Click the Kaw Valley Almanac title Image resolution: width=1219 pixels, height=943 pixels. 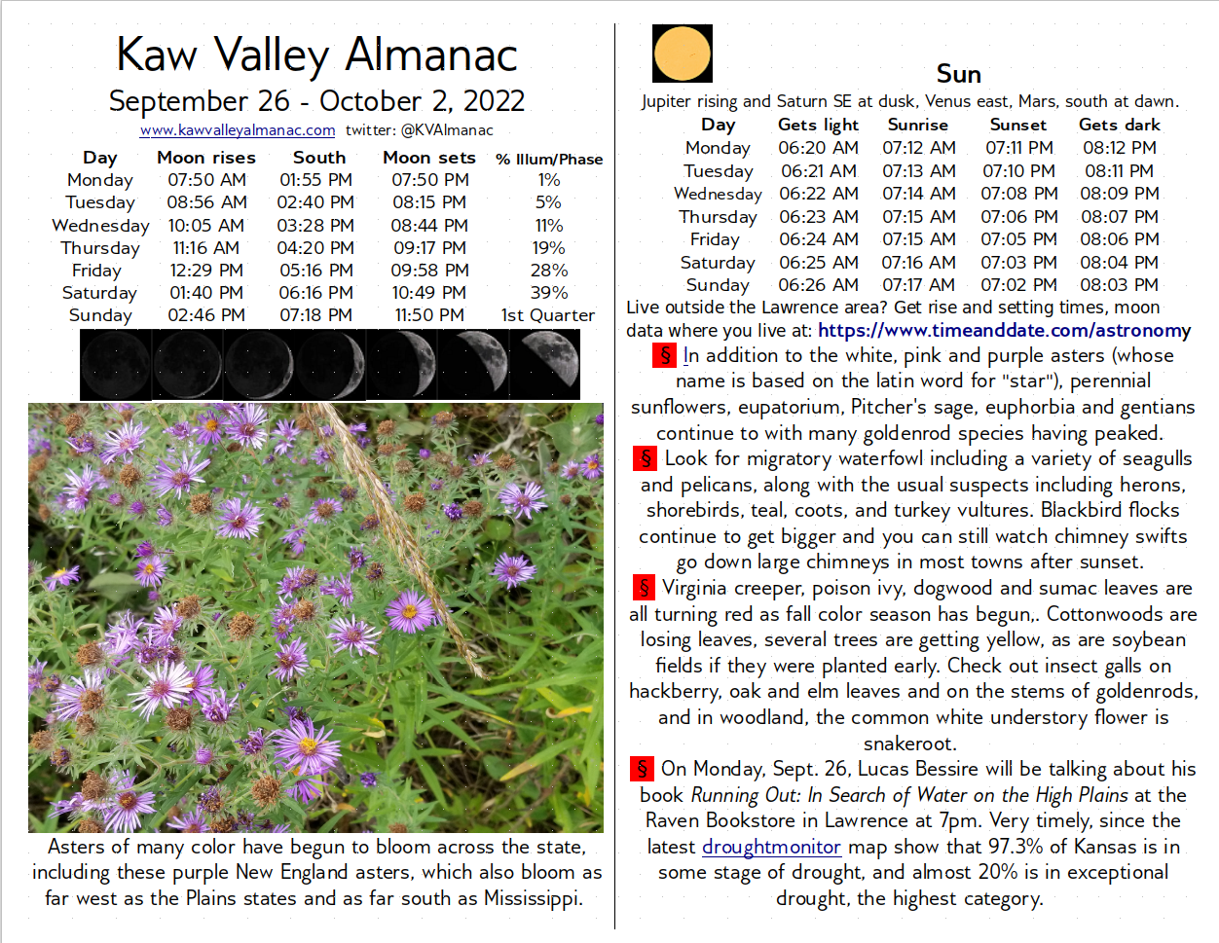pos(316,54)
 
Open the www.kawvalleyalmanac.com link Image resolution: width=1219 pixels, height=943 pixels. pos(238,130)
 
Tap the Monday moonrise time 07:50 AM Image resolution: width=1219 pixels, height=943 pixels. pos(206,180)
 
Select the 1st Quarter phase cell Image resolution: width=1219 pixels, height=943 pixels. pos(547,315)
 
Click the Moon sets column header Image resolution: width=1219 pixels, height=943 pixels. pos(429,158)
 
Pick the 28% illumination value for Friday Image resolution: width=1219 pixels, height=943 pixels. pos(548,271)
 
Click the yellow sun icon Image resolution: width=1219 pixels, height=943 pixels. pos(683,54)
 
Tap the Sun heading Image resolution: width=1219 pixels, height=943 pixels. pos(958,75)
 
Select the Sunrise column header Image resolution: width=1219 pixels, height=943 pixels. pos(917,125)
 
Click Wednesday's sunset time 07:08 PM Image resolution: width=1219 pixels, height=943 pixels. pos(1018,194)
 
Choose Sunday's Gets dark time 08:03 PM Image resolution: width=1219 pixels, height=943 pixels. pos(1119,285)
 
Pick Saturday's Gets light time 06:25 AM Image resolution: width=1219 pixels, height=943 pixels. pos(818,263)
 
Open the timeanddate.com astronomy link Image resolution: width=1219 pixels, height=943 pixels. pos(1004,331)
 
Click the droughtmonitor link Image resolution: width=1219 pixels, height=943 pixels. pos(771,848)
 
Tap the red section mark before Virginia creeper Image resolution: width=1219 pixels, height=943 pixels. pos(644,588)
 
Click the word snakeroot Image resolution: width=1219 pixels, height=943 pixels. pos(908,744)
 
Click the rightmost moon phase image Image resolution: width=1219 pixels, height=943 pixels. pos(544,364)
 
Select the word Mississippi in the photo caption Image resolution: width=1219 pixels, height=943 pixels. pos(532,899)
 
